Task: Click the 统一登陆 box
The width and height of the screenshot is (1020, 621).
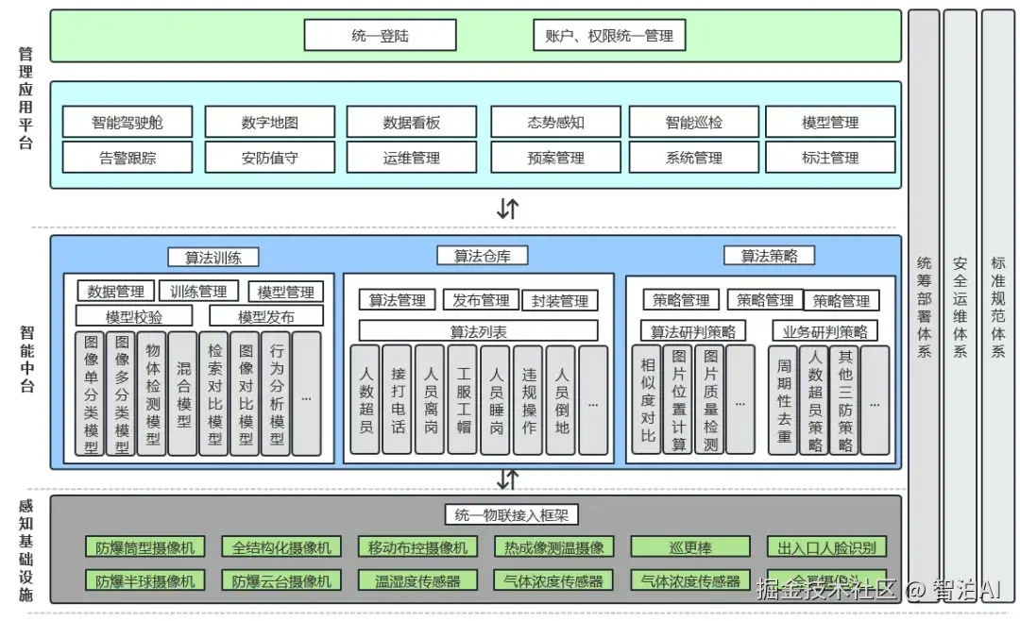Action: (380, 36)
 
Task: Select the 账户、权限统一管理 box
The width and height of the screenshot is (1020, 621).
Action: (609, 36)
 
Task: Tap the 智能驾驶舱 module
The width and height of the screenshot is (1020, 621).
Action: (127, 122)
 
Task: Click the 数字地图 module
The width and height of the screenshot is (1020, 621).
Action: (269, 122)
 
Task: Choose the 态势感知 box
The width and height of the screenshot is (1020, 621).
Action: (555, 122)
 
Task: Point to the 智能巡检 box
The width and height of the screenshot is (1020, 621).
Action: (694, 122)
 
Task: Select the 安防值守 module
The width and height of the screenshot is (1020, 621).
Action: (269, 158)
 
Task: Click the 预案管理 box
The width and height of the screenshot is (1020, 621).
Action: (555, 158)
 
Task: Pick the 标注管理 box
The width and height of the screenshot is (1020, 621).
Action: (830, 158)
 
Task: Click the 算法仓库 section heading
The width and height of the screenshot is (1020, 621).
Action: (483, 256)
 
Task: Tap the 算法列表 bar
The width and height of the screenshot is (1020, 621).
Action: (478, 331)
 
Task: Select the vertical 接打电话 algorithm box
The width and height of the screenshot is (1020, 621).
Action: (398, 400)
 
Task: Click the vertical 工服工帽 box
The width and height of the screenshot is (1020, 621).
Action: (462, 400)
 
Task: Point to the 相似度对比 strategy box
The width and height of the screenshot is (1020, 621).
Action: (647, 400)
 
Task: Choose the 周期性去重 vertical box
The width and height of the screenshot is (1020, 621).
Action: (783, 400)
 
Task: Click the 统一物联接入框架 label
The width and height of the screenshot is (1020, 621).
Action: (511, 514)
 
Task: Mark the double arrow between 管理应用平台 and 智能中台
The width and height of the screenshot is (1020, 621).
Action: (508, 209)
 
